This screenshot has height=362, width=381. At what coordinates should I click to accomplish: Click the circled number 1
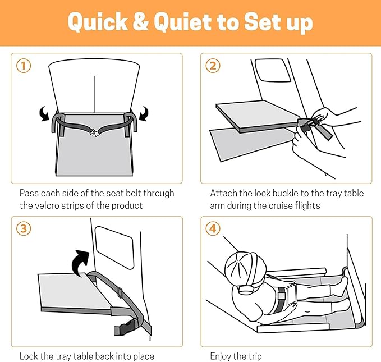[x=24, y=66]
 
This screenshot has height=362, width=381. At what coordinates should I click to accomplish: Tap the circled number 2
[x=213, y=66]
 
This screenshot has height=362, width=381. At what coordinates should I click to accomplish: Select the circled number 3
[x=24, y=228]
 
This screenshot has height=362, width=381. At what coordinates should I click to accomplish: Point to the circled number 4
[x=213, y=228]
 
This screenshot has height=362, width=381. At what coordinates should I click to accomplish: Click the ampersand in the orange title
[x=140, y=22]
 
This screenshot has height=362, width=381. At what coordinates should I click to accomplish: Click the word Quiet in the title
[x=182, y=22]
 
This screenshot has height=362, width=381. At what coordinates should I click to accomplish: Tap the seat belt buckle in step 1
[x=95, y=132]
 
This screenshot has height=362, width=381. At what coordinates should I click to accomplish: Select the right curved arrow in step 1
[x=144, y=113]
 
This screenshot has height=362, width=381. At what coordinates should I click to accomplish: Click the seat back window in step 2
[x=273, y=70]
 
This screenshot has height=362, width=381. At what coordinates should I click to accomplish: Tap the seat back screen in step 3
[x=114, y=248]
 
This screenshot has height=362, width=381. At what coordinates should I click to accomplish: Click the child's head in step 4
[x=241, y=267]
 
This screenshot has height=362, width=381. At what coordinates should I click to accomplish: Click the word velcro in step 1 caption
[x=47, y=205]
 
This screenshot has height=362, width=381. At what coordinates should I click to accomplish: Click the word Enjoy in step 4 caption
[x=221, y=357]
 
